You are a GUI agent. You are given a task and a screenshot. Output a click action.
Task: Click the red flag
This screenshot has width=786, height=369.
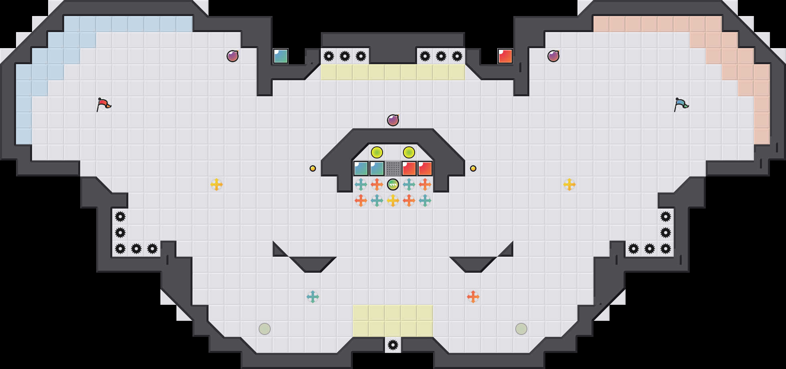click(x=103, y=104)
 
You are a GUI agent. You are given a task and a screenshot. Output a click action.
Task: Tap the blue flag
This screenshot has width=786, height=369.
click(x=681, y=104)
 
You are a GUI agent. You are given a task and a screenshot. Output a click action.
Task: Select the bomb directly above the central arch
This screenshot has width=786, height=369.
click(x=393, y=120)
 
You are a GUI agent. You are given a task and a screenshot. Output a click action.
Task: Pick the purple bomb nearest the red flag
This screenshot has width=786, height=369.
click(x=233, y=56)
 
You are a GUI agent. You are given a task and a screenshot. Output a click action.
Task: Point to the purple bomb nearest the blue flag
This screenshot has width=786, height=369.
click(x=553, y=56)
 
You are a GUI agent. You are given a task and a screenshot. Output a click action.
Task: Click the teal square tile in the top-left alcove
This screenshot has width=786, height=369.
click(x=281, y=56)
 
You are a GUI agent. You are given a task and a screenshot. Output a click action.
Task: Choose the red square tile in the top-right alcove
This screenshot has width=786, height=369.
click(x=505, y=56)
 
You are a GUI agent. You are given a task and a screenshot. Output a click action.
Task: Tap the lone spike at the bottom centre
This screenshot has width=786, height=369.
click(x=393, y=345)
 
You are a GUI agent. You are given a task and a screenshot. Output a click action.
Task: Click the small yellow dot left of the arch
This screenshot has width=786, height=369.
click(x=313, y=168)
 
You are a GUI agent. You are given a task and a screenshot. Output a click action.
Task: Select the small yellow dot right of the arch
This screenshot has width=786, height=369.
click(x=473, y=168)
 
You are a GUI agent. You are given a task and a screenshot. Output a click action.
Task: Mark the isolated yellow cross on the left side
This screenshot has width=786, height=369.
click(x=217, y=184)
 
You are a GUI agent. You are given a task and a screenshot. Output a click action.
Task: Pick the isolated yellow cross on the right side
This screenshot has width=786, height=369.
click(x=569, y=184)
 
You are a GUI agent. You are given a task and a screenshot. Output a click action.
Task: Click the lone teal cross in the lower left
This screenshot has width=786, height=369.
click(x=313, y=297)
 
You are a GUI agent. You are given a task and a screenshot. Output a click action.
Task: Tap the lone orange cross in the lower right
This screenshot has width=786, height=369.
click(x=473, y=297)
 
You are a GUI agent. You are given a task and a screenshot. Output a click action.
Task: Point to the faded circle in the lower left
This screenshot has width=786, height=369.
click(x=265, y=329)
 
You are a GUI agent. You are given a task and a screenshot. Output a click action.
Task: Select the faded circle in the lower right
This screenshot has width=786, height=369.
click(x=521, y=329)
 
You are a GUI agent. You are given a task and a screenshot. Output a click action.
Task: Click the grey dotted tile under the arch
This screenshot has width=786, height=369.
click(x=393, y=168)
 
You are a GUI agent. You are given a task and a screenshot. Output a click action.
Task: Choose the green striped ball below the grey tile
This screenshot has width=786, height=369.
click(x=393, y=184)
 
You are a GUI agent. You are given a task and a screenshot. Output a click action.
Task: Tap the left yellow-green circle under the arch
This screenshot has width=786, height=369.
click(x=377, y=152)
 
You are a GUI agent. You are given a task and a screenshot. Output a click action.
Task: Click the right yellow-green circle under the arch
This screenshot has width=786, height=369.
click(x=409, y=152)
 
